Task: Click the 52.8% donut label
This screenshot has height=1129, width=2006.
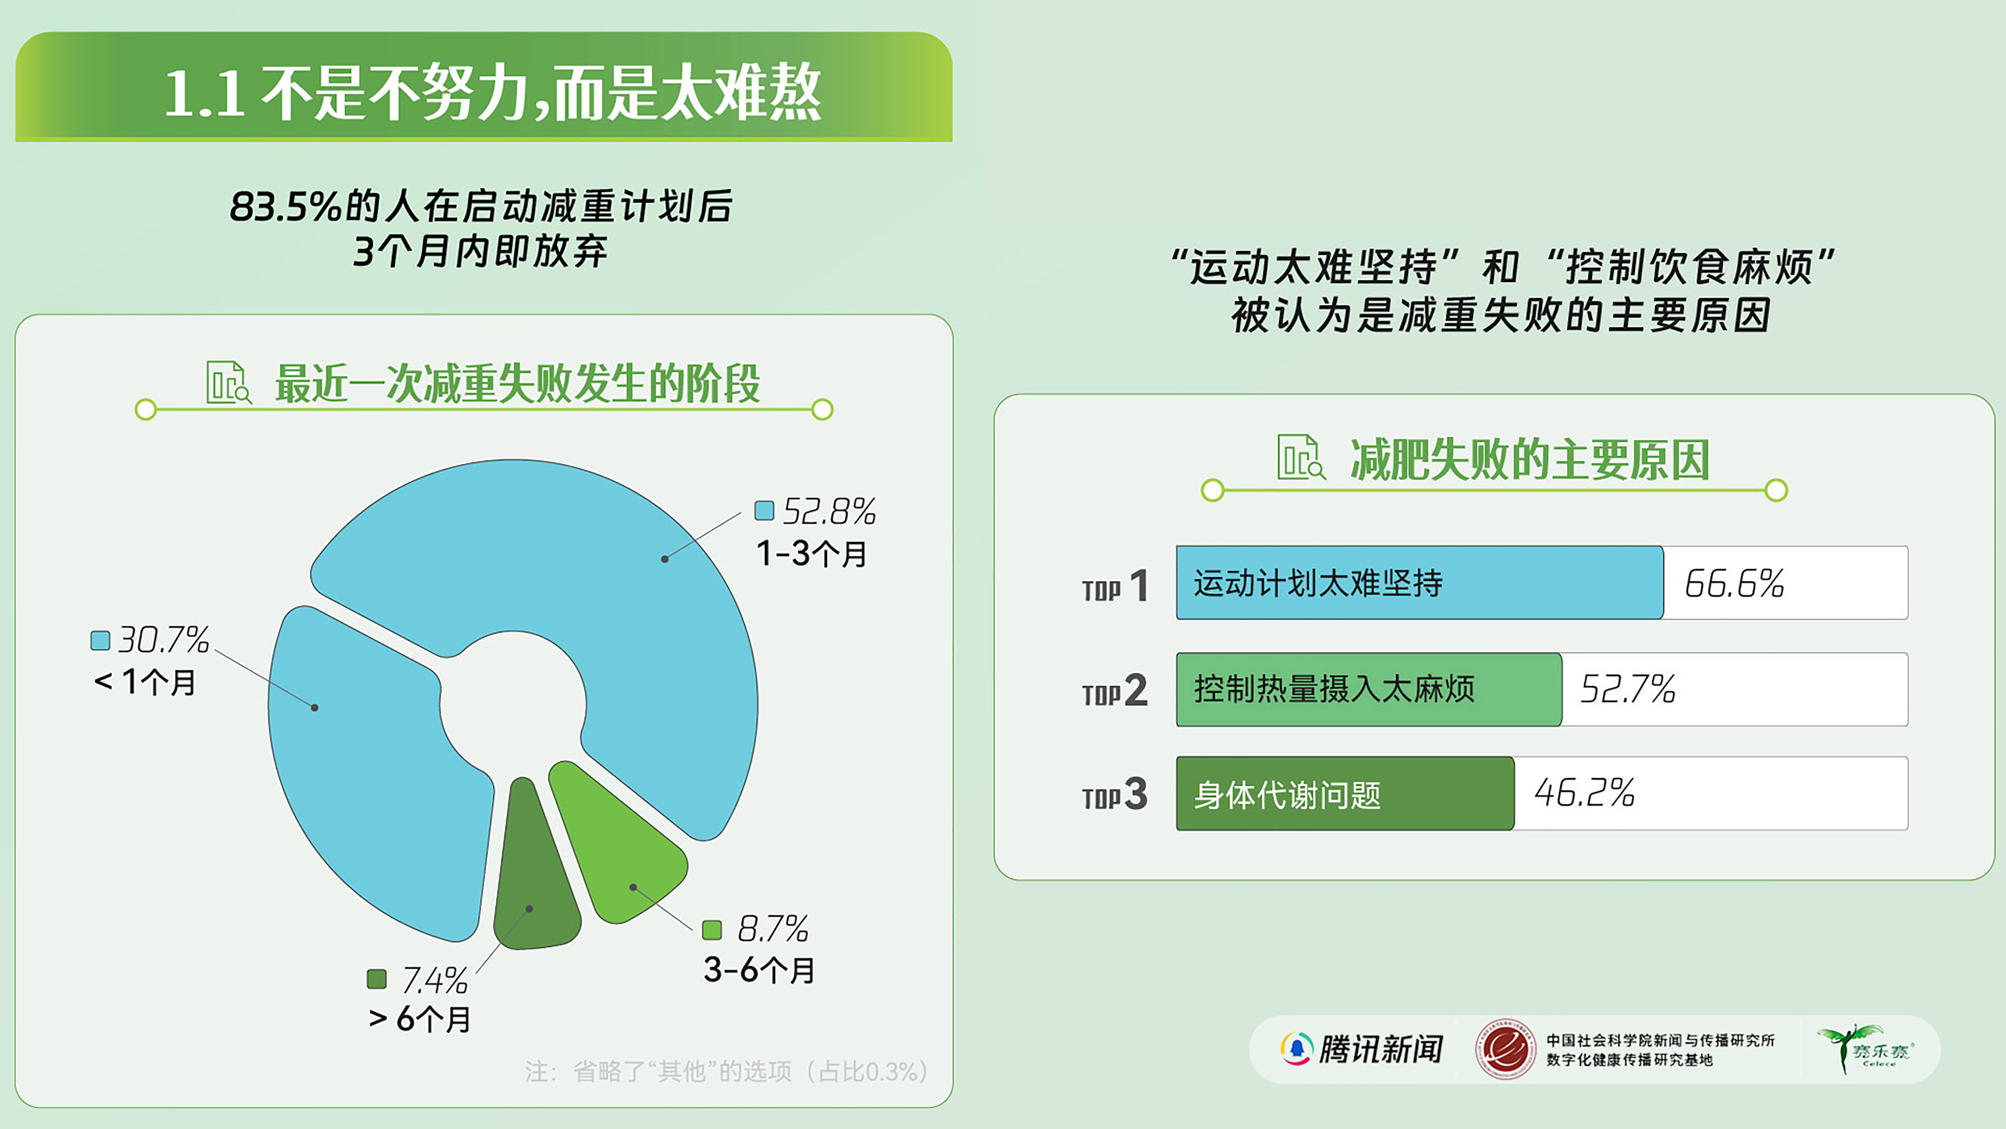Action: click(x=829, y=512)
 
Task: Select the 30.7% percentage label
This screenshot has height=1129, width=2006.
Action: click(x=164, y=640)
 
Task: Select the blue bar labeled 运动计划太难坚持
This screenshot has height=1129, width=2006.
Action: click(x=1419, y=583)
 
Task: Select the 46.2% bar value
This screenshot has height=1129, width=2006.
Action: click(x=1584, y=793)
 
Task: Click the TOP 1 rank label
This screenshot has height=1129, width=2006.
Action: click(x=1115, y=587)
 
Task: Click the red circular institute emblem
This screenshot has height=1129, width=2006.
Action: click(x=1505, y=1049)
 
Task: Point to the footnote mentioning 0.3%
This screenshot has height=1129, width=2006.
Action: click(x=726, y=1071)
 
